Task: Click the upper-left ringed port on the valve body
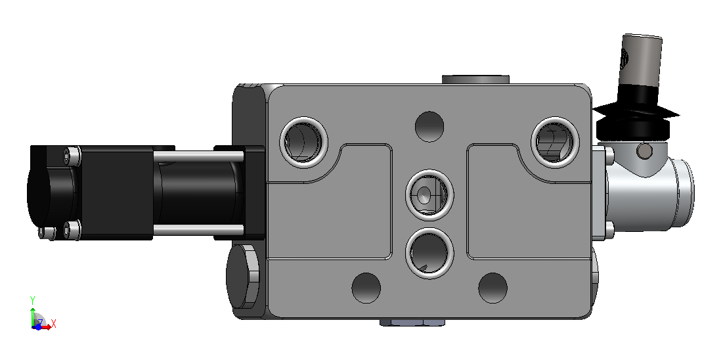[304, 142]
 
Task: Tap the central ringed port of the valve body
[429, 193]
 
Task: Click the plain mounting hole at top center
[429, 127]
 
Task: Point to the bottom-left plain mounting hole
[366, 288]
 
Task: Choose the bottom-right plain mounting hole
[493, 288]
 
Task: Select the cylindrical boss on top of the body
[475, 79]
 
